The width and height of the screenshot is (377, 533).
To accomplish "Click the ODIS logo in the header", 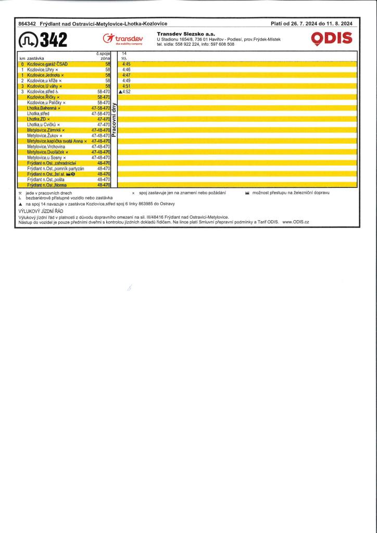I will coord(331,38).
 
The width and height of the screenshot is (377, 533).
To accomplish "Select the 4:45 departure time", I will coord(126,64).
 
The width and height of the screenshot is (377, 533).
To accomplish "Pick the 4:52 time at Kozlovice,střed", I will coord(126,92).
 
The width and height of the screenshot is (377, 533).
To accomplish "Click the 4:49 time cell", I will coord(126,81).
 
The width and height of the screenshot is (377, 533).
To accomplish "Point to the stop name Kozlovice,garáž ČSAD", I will coord(47,64).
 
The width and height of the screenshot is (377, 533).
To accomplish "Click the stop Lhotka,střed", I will coord(38,113).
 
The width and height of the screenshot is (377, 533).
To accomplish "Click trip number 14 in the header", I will coord(124,54).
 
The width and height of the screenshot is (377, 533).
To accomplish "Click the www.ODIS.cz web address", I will coord(296,222).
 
